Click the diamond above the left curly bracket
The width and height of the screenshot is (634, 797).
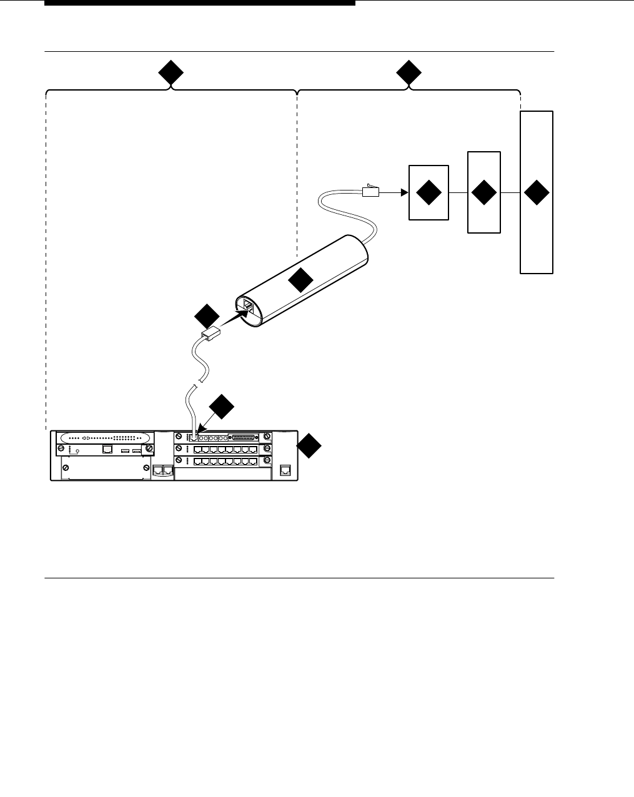coord(170,74)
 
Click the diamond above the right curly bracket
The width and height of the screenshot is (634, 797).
coord(409,74)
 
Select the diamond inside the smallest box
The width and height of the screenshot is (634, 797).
coord(428,193)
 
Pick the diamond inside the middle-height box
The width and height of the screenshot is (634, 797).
coord(484,193)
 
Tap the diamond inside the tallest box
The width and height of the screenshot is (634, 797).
coord(537,193)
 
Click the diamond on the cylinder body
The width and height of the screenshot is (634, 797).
coord(300,280)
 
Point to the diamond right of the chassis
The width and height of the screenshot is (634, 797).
coord(309,447)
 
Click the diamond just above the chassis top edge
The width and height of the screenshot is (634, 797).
coord(221,407)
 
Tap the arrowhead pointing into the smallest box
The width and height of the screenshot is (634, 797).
coord(404,193)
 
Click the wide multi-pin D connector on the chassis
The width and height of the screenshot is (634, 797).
coord(245,437)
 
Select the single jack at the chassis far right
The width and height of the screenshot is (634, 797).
coord(285,470)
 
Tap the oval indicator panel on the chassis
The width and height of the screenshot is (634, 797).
coord(104,438)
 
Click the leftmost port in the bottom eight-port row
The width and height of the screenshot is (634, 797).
coord(198,462)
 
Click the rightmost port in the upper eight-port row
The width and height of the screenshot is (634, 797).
coord(253,450)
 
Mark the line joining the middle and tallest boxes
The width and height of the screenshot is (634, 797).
coord(510,193)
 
